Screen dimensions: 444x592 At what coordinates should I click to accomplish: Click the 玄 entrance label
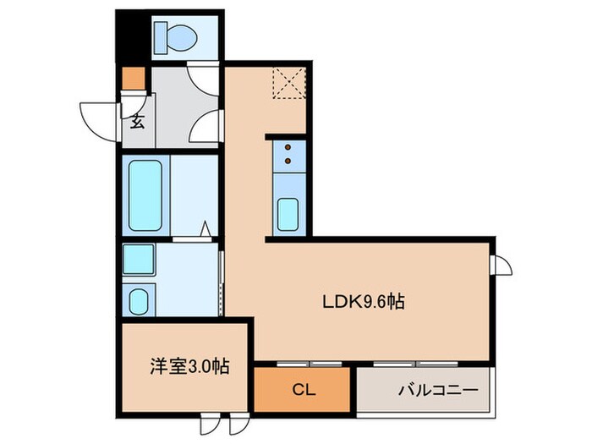click(x=136, y=119)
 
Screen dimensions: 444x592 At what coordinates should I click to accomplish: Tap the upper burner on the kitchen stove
click(x=287, y=146)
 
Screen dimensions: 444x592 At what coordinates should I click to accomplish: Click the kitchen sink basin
click(x=288, y=213)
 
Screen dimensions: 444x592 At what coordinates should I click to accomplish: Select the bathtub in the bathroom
click(x=145, y=195)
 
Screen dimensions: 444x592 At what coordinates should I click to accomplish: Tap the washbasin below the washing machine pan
click(x=137, y=299)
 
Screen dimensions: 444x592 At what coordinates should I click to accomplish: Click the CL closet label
click(x=301, y=391)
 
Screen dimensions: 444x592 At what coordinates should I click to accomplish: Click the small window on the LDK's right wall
click(x=502, y=265)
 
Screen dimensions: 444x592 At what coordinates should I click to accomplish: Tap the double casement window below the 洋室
click(x=216, y=422)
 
